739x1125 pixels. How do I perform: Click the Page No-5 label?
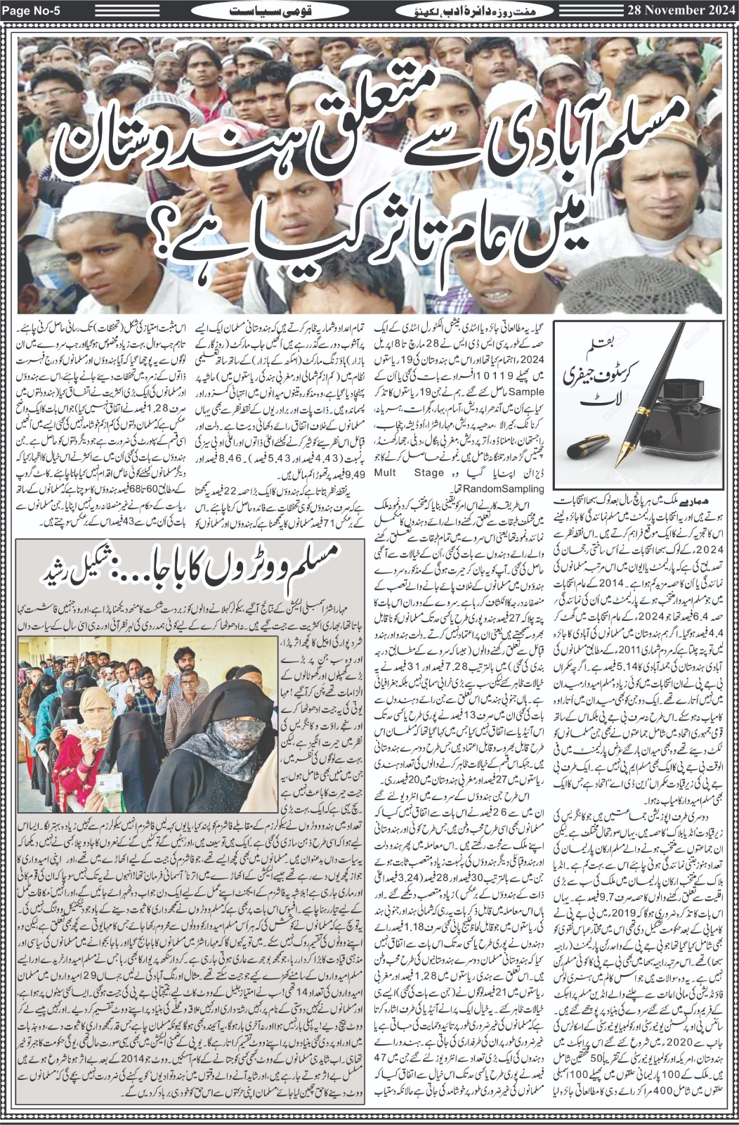(x=31, y=12)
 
